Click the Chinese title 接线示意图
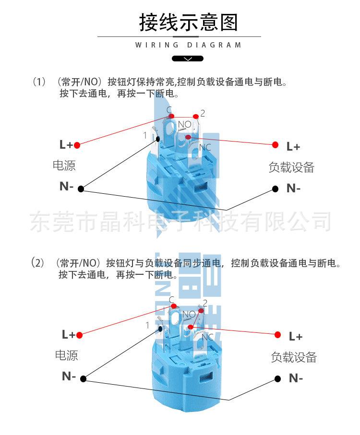[189, 22]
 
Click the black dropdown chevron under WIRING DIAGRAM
[188, 59]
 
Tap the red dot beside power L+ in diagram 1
[77, 145]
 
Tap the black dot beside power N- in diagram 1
[81, 189]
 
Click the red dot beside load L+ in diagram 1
[275, 145]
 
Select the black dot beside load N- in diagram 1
[276, 189]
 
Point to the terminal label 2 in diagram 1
[203, 113]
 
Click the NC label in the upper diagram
[205, 147]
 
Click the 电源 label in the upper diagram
[64, 165]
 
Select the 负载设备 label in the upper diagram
[291, 167]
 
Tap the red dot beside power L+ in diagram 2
[79, 335]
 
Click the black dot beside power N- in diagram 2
[83, 378]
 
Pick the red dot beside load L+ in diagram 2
[277, 335]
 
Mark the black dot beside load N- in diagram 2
[277, 378]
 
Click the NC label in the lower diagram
[207, 337]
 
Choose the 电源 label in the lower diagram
[66, 355]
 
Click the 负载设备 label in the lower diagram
[294, 357]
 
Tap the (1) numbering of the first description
[39, 82]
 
